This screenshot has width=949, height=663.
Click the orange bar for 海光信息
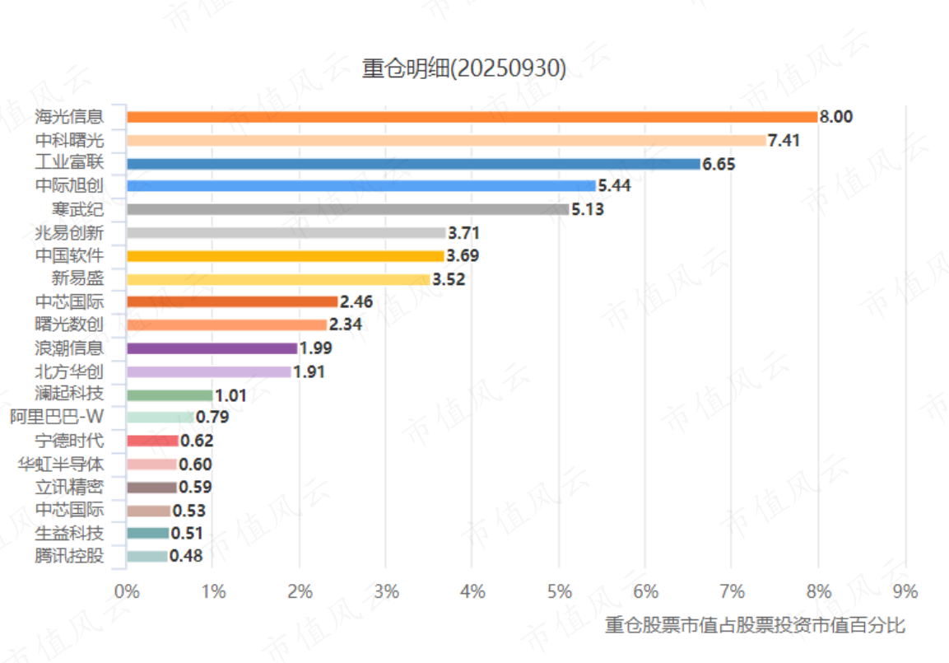[x=472, y=117]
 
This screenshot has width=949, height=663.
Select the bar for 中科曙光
[x=446, y=140]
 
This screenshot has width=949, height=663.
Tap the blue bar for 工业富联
[x=413, y=164]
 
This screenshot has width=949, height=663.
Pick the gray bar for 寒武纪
[x=347, y=209]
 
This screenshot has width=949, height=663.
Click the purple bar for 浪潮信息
[x=212, y=348]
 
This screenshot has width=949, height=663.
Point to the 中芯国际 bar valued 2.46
[x=232, y=302]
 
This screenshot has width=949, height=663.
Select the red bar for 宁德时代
[x=152, y=441]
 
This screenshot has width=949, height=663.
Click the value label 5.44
[x=614, y=186]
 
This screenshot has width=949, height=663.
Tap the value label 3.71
[x=463, y=233]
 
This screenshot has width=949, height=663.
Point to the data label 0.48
[x=186, y=556]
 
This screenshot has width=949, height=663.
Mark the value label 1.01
[x=230, y=395]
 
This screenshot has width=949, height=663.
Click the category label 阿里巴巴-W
[x=57, y=417]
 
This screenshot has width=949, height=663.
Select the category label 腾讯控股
[x=71, y=556]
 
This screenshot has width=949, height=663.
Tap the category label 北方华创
[x=71, y=371]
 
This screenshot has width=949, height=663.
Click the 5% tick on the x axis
[x=559, y=591]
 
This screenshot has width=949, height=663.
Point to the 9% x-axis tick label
[x=905, y=591]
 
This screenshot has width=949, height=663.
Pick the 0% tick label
[x=126, y=591]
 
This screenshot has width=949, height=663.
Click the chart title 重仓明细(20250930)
[x=464, y=69]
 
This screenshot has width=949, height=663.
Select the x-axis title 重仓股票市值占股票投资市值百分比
[x=755, y=626]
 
